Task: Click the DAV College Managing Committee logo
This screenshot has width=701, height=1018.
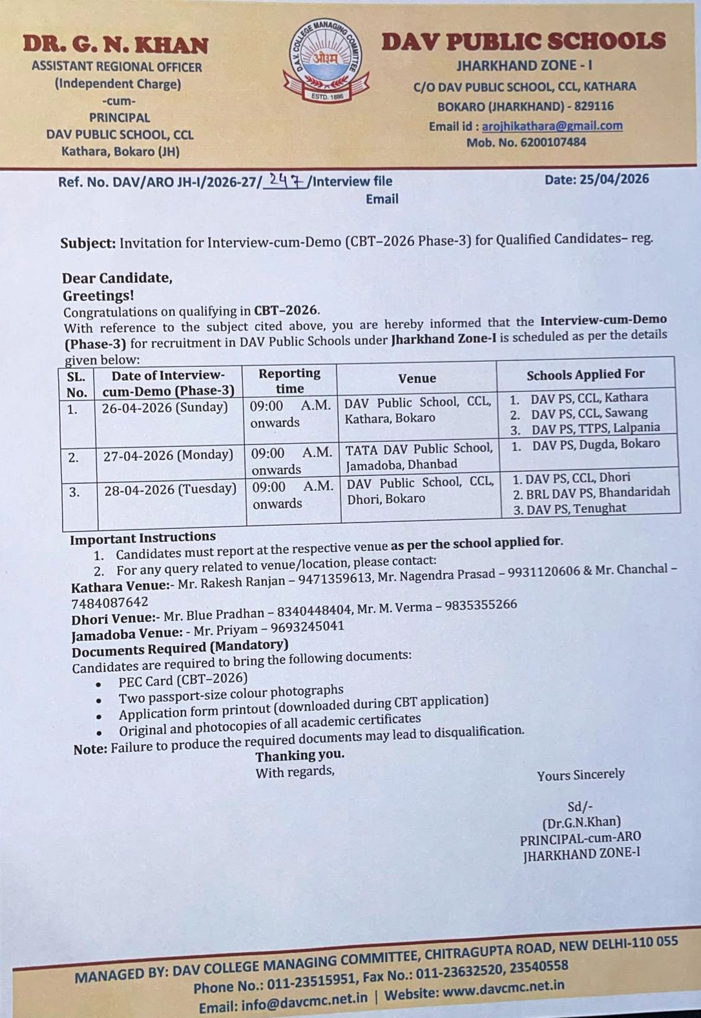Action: [x=326, y=62]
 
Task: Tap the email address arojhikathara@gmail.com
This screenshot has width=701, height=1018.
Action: [x=552, y=126]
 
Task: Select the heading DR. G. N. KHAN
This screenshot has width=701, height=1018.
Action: [x=116, y=45]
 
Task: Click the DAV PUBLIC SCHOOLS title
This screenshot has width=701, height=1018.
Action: [x=523, y=41]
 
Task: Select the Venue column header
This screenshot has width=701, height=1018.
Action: [x=417, y=378]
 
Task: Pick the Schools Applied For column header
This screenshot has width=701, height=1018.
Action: [x=585, y=375]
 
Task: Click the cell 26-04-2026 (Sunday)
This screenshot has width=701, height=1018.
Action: [x=165, y=408]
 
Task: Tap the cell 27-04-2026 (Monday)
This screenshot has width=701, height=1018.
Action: [x=168, y=455]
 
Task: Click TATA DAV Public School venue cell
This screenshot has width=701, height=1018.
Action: [x=419, y=456]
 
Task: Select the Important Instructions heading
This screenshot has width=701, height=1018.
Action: [x=143, y=537]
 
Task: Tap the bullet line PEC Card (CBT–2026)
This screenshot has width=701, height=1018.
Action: [x=183, y=680]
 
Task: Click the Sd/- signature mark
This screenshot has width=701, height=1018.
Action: [x=580, y=806]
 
